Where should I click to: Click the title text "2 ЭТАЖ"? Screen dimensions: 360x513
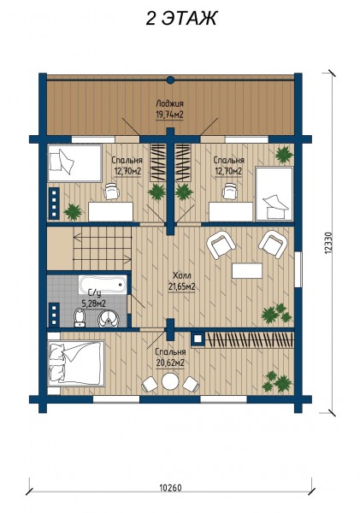(181, 18)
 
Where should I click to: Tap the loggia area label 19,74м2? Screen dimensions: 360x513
(169, 115)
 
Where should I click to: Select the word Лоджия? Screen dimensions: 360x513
(169, 103)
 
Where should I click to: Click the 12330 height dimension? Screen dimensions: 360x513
(329, 243)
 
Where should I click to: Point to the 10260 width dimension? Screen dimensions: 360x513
(170, 488)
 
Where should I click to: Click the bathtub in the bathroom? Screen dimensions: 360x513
(103, 285)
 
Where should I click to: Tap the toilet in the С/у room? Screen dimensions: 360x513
(80, 318)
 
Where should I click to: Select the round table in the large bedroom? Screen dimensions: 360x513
(170, 381)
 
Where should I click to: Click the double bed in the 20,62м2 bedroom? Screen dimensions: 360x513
(76, 363)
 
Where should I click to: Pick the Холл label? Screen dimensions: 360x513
(181, 275)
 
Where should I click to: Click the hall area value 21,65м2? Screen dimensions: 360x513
(181, 287)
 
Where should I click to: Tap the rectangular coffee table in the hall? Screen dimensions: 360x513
(247, 270)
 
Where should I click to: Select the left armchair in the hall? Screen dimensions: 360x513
(221, 245)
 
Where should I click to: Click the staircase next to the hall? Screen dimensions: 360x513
(102, 248)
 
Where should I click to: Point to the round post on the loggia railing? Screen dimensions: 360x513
(170, 80)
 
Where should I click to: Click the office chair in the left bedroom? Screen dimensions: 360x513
(112, 191)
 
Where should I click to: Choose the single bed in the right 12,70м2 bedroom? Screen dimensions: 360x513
(274, 193)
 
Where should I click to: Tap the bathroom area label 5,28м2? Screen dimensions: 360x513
(93, 304)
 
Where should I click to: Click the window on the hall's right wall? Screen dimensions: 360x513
(298, 269)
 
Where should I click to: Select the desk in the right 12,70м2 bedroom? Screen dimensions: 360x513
(231, 212)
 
